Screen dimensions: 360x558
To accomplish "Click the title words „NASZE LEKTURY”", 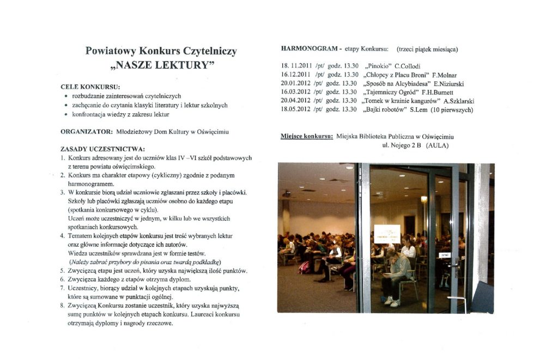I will pos(161,66).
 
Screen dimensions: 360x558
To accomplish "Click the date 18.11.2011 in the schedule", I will pos(296,66).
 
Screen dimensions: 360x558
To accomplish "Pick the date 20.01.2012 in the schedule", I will pos(296,84).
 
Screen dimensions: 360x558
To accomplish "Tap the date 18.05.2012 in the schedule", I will pos(296,109).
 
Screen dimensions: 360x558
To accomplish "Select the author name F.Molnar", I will pos(445,75).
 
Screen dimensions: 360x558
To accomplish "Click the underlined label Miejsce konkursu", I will pos(307,136).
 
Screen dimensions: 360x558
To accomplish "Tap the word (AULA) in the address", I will pos(439,145).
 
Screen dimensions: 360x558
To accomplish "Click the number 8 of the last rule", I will pos(63,306).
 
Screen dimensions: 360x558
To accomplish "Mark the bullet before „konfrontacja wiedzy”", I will pos(66,115).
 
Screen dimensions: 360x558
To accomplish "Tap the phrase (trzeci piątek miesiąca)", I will pos(427,50).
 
